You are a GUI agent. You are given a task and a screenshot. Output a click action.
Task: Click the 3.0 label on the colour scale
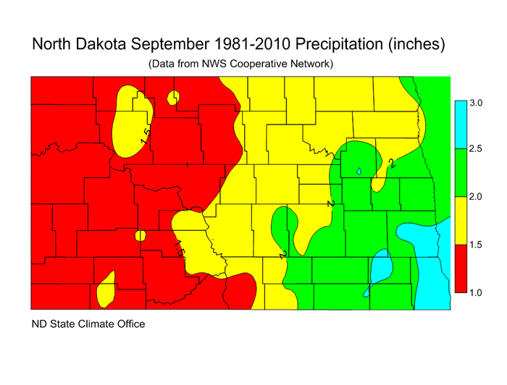click(476, 103)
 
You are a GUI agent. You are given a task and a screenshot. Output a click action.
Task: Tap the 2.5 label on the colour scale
click(476, 149)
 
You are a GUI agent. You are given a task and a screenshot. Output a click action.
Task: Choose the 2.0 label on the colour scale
click(476, 197)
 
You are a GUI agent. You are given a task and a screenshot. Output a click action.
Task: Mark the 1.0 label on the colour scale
click(476, 292)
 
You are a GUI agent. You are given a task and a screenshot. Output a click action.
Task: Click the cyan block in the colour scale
click(459, 124)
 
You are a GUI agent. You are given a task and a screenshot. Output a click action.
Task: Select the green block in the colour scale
click(459, 172)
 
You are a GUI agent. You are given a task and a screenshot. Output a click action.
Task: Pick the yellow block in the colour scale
click(459, 220)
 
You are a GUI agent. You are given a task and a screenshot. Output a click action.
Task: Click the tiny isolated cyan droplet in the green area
click(359, 172)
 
